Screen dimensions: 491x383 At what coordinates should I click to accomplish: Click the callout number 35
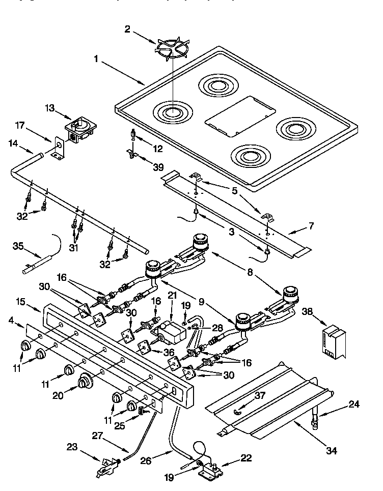pyautogui.click(x=17, y=247)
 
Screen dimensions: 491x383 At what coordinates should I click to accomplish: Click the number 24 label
pyautogui.click(x=354, y=405)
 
